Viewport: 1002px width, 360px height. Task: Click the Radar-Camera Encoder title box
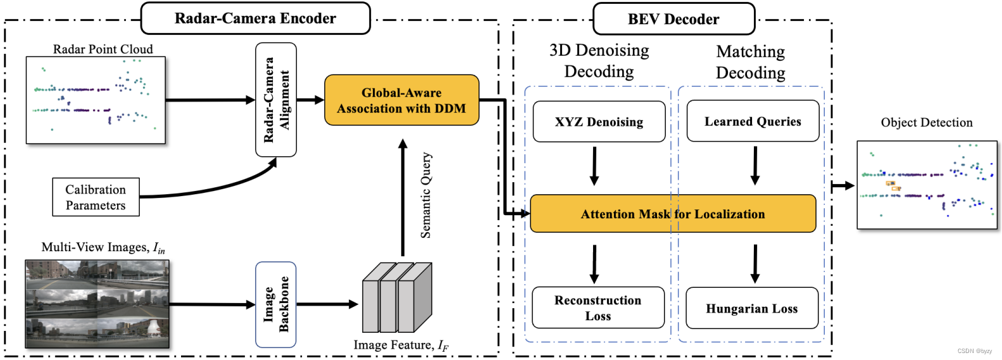coord(255,18)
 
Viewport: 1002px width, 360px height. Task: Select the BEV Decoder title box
coord(673,19)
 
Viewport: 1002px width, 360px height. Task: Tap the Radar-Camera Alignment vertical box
coord(276,99)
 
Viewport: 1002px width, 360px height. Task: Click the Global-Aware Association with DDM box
coord(401,100)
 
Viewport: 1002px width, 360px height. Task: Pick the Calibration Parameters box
coord(96,197)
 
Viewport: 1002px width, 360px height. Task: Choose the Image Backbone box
coord(276,304)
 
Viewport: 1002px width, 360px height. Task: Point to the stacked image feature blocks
coord(397,297)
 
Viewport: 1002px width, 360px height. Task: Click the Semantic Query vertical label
coord(426,195)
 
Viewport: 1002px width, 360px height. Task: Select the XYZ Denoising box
coord(599,121)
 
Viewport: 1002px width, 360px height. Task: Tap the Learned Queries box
coord(753,121)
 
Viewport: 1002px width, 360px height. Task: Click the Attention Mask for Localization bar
coord(673,214)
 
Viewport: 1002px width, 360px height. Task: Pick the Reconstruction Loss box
coord(598,307)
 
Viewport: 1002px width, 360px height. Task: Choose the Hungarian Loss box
coord(752,308)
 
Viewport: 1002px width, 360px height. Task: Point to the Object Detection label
coord(926,122)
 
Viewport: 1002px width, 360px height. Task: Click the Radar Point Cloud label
coord(103,49)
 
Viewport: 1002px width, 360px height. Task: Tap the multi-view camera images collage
coord(97,304)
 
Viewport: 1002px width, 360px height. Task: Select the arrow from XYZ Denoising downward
coord(594,166)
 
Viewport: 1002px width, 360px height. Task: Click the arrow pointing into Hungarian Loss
coord(755,264)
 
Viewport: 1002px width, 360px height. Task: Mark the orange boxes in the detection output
coord(893,185)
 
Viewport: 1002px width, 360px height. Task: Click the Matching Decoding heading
coord(750,62)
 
